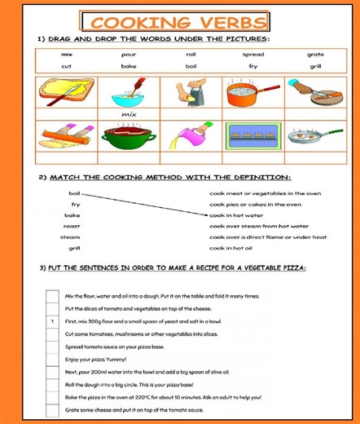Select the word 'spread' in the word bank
(x=252, y=55)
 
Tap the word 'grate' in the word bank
(x=315, y=55)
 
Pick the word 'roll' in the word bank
(x=191, y=55)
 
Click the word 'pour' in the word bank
(x=129, y=55)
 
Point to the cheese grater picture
(x=191, y=93)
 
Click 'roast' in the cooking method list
(x=72, y=226)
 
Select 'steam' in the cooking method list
(x=70, y=236)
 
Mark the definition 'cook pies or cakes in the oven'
(x=255, y=204)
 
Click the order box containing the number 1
(x=52, y=321)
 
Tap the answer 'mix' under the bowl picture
(x=129, y=115)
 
